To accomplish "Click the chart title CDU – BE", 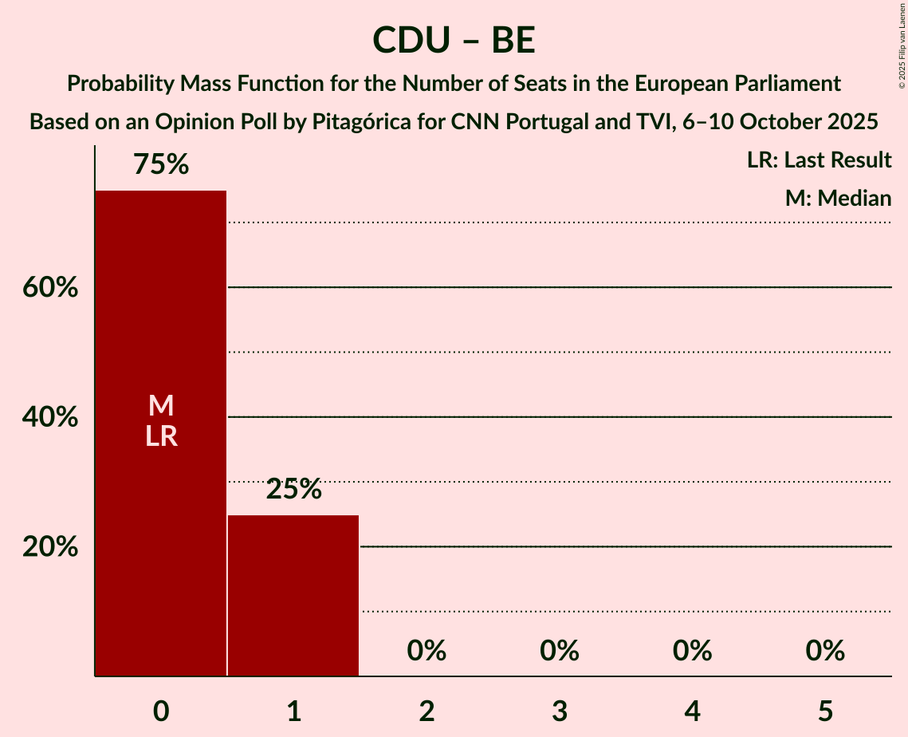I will pos(454,41).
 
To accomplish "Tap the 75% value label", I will pos(161,164).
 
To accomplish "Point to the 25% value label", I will pos(293,489).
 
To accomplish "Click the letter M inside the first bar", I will pos(161,406).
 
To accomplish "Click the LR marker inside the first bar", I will pos(161,436).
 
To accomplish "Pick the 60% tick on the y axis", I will pos(50,287).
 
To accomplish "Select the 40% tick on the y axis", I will pos(50,417).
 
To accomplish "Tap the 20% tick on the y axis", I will pos(50,547).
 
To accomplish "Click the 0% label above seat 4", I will pos(692,651).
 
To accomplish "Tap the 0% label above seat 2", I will pos(426,651).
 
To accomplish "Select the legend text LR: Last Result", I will pos(819,160).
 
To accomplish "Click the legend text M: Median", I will pos(838,198).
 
